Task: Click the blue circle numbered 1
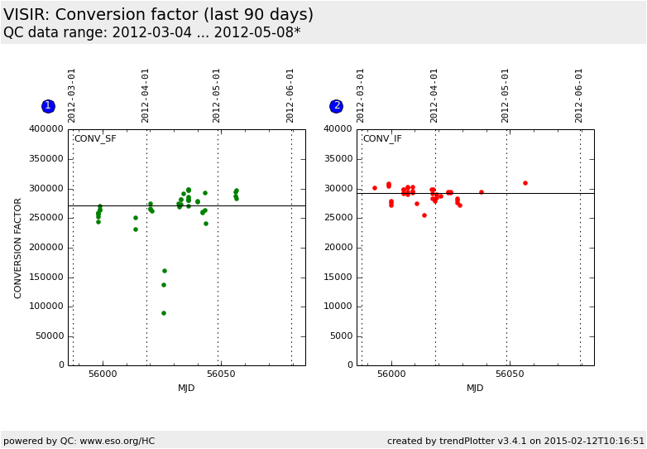(x=48, y=106)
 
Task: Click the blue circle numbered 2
(x=337, y=106)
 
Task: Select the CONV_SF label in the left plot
(x=95, y=139)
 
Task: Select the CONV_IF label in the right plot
(x=382, y=139)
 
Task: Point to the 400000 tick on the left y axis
(x=46, y=129)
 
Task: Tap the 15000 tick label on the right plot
(x=338, y=277)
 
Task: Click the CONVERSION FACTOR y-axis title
(x=19, y=248)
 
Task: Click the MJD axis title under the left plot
(x=186, y=388)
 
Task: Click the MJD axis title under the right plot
(x=475, y=388)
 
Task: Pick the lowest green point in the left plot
(x=164, y=313)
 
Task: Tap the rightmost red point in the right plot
(x=525, y=183)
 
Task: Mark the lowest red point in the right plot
(x=424, y=215)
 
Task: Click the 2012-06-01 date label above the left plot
(x=290, y=95)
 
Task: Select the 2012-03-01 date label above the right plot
(x=361, y=95)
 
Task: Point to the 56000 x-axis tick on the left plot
(x=103, y=374)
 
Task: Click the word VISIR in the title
(x=24, y=15)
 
